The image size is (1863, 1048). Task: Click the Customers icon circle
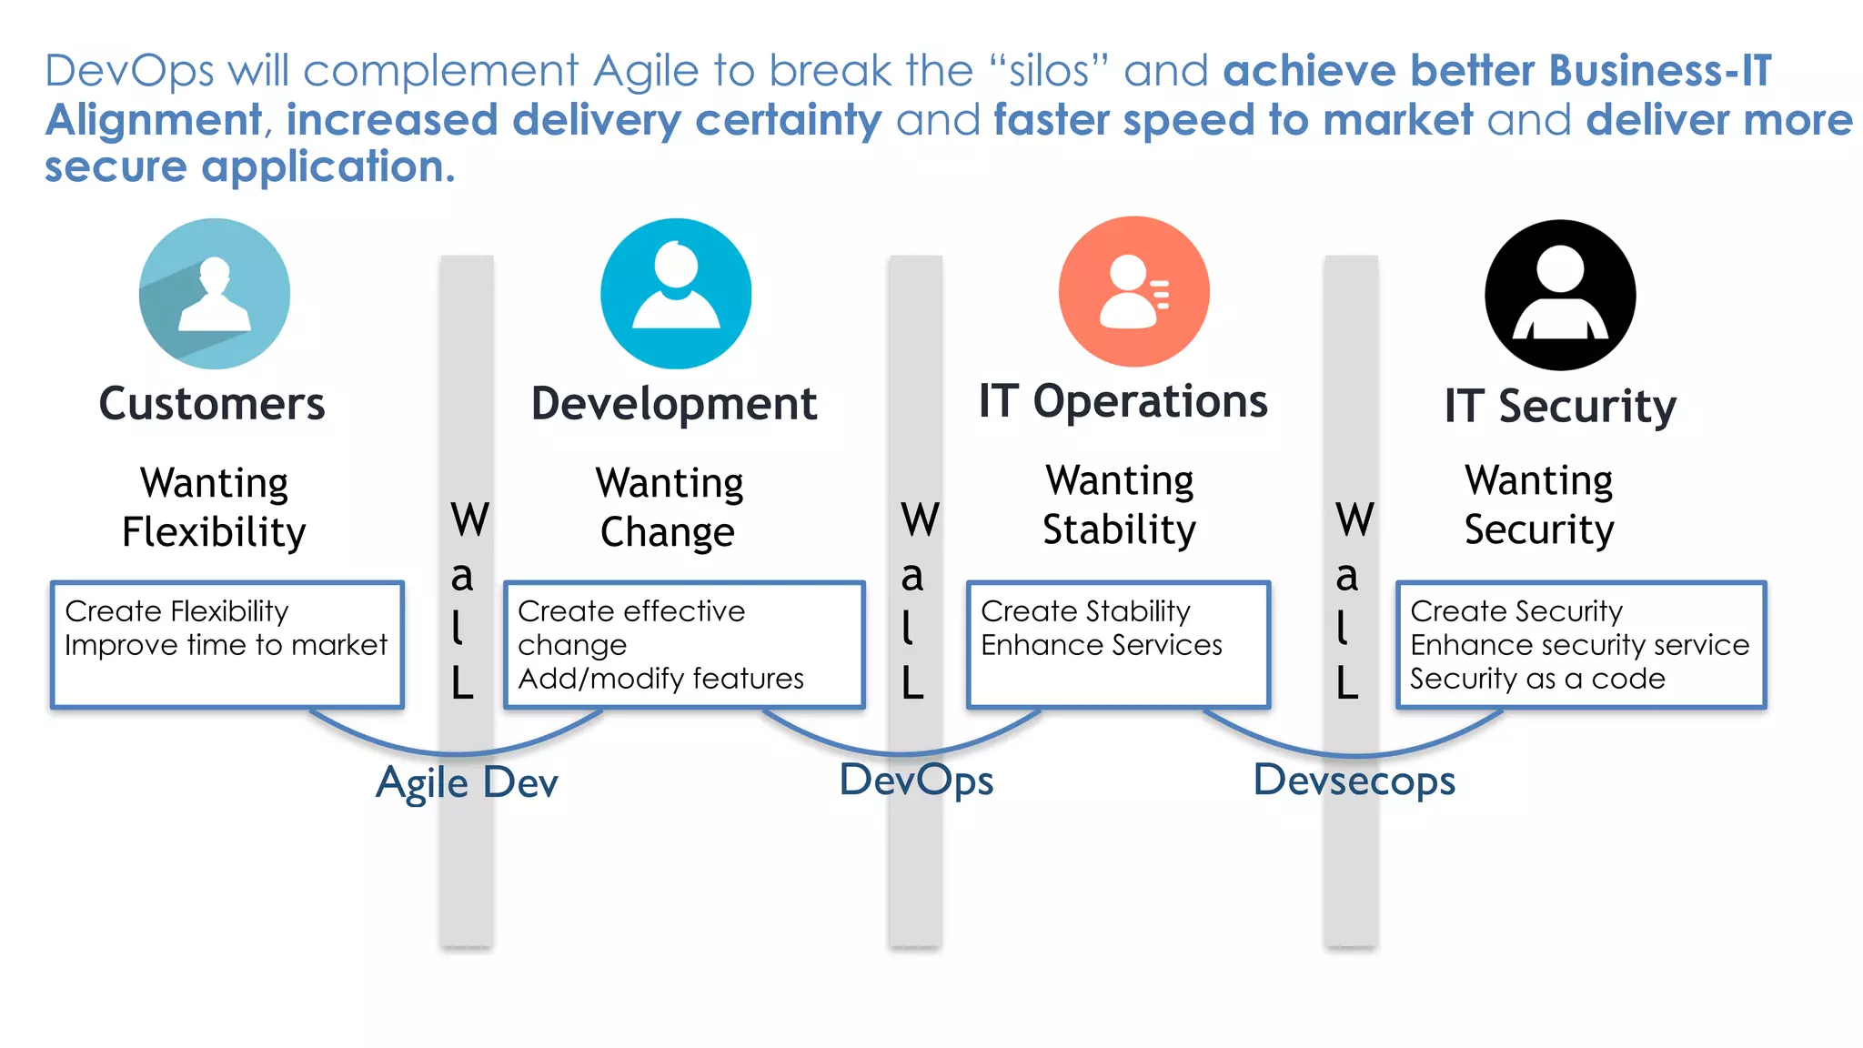tap(215, 294)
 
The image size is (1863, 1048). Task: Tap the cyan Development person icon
tap(676, 294)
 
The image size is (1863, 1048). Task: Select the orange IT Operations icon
tap(1133, 292)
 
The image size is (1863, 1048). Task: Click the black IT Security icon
tap(1560, 295)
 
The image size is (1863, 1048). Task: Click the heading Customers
tap(212, 404)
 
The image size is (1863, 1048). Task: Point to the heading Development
tap(674, 404)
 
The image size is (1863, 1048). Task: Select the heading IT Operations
tap(1123, 401)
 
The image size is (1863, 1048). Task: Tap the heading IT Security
tap(1560, 406)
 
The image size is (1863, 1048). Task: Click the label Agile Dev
tap(467, 782)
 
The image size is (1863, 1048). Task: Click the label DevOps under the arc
tap(916, 781)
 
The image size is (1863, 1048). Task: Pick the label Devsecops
tap(1354, 781)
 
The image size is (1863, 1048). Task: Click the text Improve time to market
tap(226, 645)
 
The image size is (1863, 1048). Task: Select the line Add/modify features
tap(660, 679)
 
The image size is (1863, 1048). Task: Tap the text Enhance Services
tap(1101, 645)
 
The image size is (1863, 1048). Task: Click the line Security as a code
tap(1537, 679)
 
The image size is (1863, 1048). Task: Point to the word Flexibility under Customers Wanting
tap(214, 532)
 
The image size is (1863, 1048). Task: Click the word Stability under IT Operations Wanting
tap(1119, 529)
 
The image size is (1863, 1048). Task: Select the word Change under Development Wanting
tap(667, 532)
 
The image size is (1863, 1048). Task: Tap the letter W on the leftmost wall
tap(469, 520)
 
